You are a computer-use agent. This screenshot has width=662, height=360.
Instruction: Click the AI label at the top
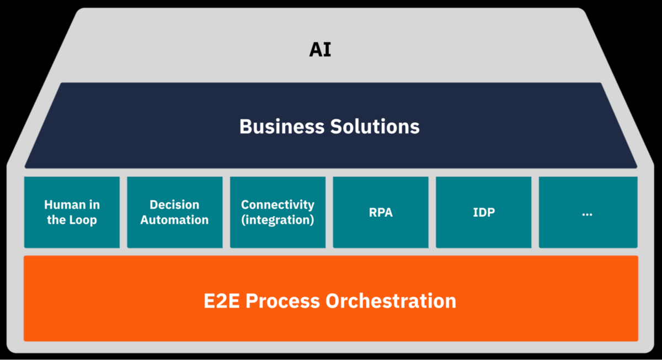[320, 50]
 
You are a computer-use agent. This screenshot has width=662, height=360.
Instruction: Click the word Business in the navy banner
[282, 127]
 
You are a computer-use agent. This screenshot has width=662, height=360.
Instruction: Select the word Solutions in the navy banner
[375, 127]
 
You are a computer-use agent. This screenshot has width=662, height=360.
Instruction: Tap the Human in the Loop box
[72, 212]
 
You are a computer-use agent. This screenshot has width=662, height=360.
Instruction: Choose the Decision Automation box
[175, 212]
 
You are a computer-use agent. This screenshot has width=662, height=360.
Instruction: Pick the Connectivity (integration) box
[277, 212]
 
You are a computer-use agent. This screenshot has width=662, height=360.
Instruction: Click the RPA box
[381, 212]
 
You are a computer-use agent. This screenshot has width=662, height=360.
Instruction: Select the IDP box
[484, 212]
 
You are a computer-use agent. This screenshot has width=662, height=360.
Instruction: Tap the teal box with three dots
[588, 212]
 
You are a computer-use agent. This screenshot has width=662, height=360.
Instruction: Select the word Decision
[174, 205]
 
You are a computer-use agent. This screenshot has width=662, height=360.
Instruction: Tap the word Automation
[174, 220]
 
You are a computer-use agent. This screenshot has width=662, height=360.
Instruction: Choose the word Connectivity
[277, 205]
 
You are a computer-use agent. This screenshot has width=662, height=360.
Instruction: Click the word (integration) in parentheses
[277, 220]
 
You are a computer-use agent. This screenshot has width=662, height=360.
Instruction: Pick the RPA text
[381, 212]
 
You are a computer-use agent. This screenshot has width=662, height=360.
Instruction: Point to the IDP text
[484, 212]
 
